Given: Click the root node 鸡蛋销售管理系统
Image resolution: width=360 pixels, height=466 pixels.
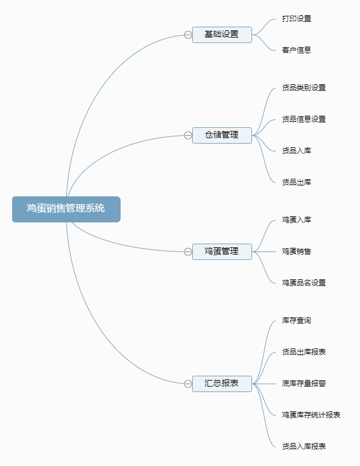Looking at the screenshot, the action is [66, 209].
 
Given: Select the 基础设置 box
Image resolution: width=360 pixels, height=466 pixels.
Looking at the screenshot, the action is [222, 35].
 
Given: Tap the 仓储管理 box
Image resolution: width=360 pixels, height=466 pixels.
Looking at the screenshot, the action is [222, 136].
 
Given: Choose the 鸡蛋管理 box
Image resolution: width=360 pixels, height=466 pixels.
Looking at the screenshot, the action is [222, 251].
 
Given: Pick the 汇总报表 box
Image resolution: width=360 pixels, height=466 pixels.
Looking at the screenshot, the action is [222, 384].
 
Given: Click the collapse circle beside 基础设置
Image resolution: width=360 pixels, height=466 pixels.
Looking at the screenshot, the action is [188, 35].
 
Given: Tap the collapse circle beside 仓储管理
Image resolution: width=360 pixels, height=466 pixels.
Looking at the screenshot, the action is [188, 136].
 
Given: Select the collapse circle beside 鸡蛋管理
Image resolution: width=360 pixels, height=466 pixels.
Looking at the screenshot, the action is [188, 251].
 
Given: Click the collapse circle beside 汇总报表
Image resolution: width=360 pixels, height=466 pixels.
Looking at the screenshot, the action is [188, 384].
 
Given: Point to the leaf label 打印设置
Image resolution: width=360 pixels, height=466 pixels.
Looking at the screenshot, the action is [296, 19].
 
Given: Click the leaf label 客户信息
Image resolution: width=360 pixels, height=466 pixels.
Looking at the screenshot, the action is [296, 50].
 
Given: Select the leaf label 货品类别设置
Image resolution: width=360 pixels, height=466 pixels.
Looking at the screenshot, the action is [304, 88].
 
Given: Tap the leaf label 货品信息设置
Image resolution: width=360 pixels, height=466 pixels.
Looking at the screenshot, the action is [304, 119].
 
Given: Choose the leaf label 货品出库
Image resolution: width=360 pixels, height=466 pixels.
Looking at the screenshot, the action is [296, 182].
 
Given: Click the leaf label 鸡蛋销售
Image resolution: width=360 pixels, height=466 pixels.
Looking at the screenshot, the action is [296, 251].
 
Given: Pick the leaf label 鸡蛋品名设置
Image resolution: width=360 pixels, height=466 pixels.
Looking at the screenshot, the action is [304, 283].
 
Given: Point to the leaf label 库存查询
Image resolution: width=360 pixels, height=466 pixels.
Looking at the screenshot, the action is [296, 321].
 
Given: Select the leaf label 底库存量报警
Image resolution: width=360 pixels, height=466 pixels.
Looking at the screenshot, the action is [304, 384].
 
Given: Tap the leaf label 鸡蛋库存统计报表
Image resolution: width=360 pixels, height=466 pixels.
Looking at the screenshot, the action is [311, 415].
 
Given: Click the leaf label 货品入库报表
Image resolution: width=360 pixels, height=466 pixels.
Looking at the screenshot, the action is [304, 447].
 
